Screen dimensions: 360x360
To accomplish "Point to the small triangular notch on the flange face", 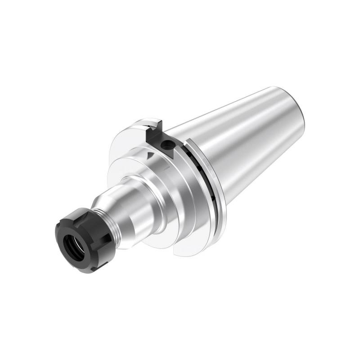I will [148, 156].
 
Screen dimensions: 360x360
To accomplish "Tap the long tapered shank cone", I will [243, 135].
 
